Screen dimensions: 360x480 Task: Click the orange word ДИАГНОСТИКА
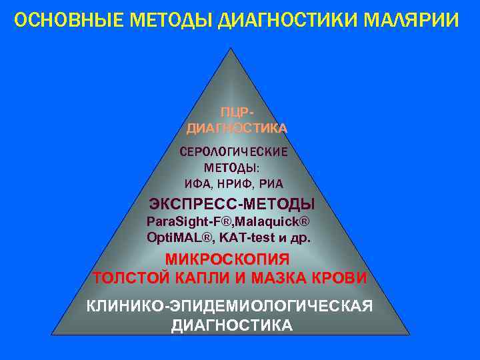click(x=237, y=127)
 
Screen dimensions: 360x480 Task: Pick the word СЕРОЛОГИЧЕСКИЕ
click(x=233, y=151)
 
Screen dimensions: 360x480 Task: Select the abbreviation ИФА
click(x=197, y=183)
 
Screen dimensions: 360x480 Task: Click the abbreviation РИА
click(x=272, y=183)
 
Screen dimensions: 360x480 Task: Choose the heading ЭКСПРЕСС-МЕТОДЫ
click(x=232, y=203)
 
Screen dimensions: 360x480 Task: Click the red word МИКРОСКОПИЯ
click(x=227, y=259)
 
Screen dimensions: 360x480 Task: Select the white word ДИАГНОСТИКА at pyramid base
click(x=231, y=325)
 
